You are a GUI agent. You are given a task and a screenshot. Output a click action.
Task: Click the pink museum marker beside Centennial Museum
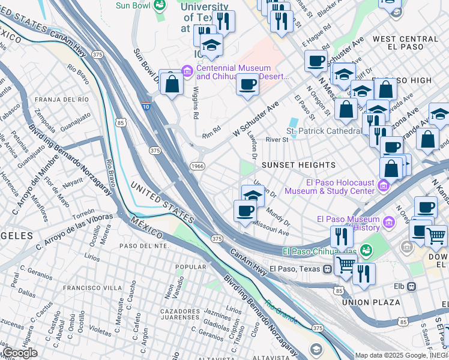point(187,73)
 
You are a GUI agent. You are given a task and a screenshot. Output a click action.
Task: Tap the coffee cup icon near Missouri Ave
point(245,211)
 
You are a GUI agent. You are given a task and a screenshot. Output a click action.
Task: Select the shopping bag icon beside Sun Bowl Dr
point(172,84)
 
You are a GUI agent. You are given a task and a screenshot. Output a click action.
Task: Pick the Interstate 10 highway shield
point(146,106)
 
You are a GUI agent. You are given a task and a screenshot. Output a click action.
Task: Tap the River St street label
point(277,140)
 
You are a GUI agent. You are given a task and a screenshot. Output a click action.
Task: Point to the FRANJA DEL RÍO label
point(62,99)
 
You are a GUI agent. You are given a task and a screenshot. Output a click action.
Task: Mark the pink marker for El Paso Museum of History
point(390,223)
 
